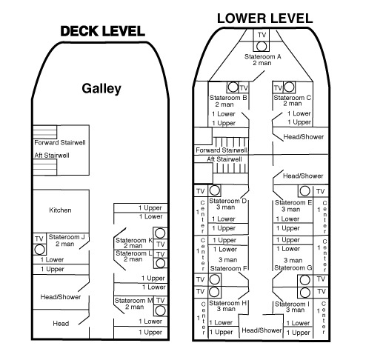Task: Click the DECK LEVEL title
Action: (102, 31)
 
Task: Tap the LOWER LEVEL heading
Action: (264, 19)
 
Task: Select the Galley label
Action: (101, 89)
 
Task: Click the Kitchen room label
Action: (60, 210)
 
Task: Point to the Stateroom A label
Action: (263, 56)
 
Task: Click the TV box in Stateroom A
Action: (262, 35)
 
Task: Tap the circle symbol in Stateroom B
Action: (233, 87)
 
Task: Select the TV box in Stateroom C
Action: (278, 87)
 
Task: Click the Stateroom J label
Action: (67, 237)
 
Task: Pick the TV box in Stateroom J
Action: (39, 239)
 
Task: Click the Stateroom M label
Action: (133, 301)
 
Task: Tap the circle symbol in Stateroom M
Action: (160, 310)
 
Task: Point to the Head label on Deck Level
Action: (61, 324)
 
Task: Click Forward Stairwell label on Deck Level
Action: (60, 143)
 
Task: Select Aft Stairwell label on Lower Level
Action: (224, 159)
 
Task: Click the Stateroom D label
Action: (227, 201)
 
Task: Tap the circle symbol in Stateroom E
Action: (304, 190)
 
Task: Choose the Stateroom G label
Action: (293, 268)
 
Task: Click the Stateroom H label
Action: (227, 303)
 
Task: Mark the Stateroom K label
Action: (134, 240)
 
